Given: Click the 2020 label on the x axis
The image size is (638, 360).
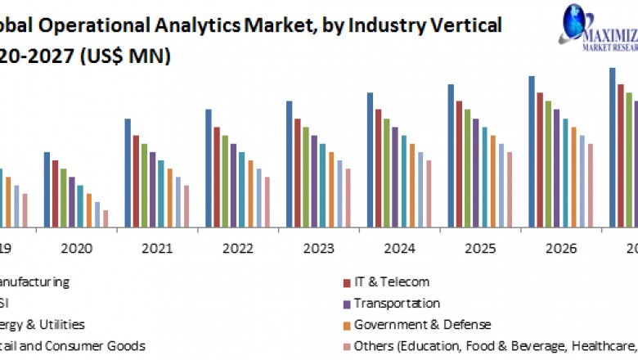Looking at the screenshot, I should [x=77, y=248].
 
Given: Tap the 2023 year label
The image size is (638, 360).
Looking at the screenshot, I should [x=319, y=248].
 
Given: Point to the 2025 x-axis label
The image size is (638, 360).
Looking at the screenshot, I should [x=480, y=248].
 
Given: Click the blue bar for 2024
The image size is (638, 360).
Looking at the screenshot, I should [x=371, y=159].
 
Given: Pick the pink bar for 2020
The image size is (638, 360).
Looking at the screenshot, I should [x=106, y=218].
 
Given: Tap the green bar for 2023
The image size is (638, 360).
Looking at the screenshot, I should [x=306, y=176].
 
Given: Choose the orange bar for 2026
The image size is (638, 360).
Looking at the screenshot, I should [x=573, y=176].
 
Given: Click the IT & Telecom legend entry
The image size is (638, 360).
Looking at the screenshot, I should [x=391, y=281].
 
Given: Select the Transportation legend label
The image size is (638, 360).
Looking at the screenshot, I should [x=397, y=303].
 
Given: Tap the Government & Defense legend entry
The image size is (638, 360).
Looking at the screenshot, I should [x=422, y=324].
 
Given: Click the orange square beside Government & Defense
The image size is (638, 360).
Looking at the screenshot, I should [x=347, y=325].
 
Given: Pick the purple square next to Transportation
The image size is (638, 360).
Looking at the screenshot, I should [x=347, y=304].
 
